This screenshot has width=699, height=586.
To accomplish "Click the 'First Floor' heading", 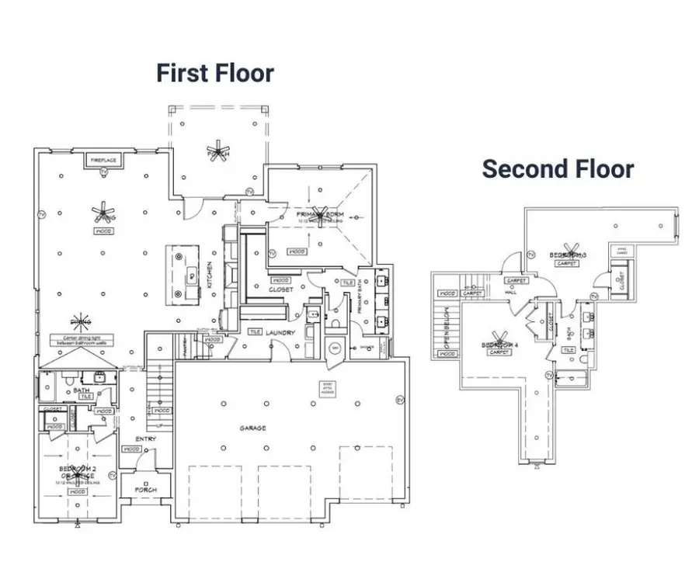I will click(215, 73).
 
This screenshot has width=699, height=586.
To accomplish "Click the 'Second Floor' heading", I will click(558, 168).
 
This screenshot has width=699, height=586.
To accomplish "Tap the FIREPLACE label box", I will click(104, 160).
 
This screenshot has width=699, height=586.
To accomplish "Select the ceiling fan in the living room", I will click(102, 210).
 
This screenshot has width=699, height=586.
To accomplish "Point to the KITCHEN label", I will click(209, 275).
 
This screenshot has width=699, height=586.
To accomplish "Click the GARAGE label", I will click(252, 428).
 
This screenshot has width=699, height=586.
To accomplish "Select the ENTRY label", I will click(145, 439).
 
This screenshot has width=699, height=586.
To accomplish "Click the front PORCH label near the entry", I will click(145, 490).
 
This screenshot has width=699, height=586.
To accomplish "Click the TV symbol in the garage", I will click(400, 400).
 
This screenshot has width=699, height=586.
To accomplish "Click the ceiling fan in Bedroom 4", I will click(496, 344).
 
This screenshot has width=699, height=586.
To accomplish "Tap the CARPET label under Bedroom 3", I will click(567, 264).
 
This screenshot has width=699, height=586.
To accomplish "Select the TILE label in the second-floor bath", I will click(569, 350).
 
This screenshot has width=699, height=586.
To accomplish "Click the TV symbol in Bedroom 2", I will click(112, 474).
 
